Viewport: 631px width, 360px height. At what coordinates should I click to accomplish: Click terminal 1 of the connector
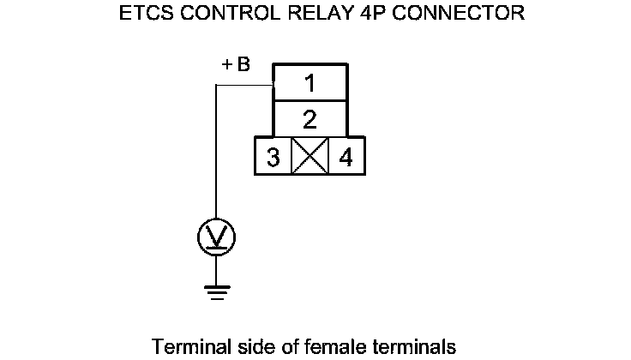309,83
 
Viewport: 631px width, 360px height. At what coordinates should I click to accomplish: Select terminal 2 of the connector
309,118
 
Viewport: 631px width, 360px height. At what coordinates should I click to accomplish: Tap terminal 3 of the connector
273,159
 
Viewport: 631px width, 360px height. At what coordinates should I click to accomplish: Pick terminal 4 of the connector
346,159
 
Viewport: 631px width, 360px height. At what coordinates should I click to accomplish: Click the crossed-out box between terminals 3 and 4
309,159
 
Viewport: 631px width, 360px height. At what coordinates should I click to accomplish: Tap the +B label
236,65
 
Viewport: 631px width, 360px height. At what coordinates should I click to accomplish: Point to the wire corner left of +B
216,87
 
